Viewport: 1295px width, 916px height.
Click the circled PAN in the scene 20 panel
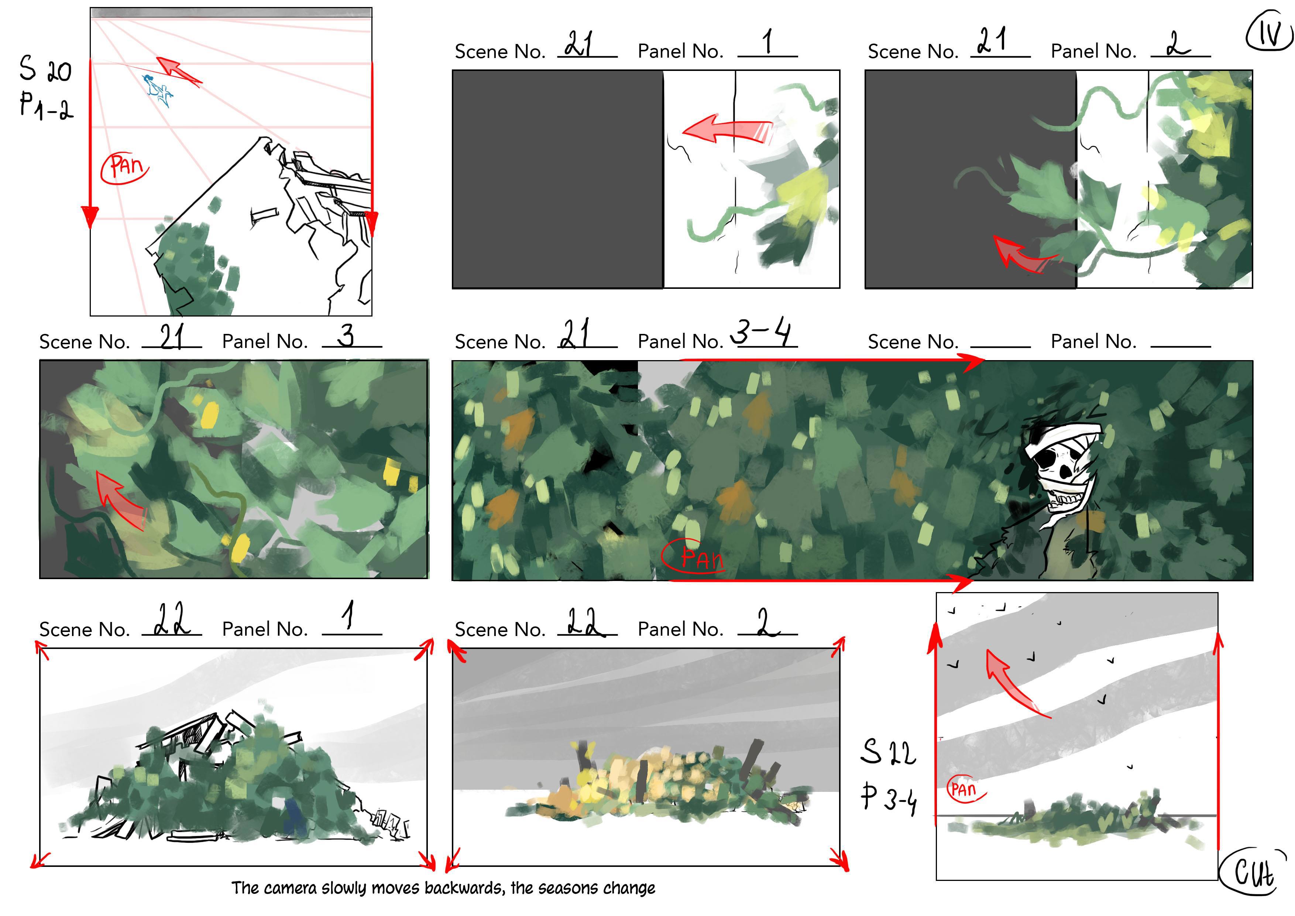pos(125,168)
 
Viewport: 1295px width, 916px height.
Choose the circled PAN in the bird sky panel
pos(966,789)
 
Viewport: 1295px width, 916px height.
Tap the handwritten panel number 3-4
pos(762,331)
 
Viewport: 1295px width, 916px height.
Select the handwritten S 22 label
pos(888,752)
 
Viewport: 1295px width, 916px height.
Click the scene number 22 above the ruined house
pos(172,620)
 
